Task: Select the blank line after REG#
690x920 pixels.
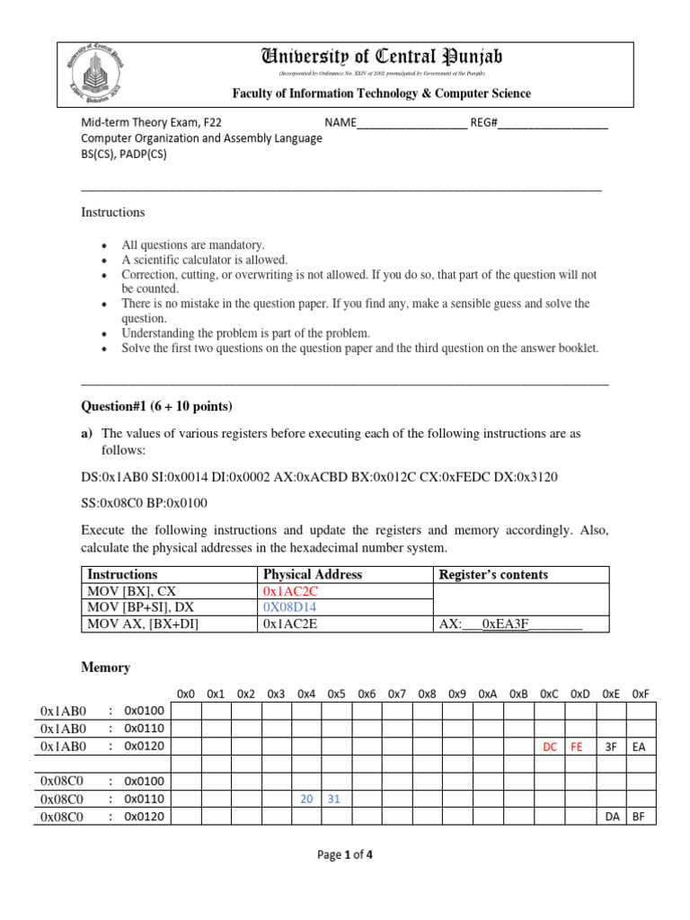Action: tap(553, 124)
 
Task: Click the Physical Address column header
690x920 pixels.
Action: tap(313, 574)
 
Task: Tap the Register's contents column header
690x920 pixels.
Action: tap(493, 574)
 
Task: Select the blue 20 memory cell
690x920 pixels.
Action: tap(306, 798)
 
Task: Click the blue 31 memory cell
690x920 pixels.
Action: tap(336, 798)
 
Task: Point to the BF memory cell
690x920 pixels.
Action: tap(640, 816)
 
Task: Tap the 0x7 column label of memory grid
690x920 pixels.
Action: tap(397, 694)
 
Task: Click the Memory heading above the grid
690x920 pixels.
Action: tap(106, 668)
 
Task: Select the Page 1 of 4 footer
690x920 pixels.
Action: tap(345, 855)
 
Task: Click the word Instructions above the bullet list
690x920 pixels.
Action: tap(113, 213)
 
